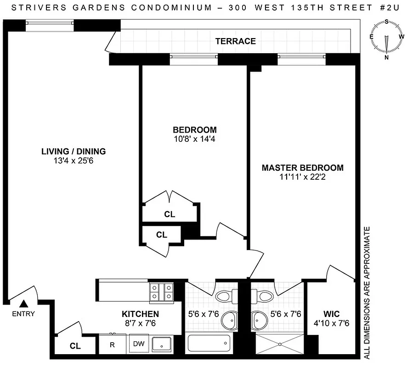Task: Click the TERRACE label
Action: (236, 41)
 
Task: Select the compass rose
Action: (387, 39)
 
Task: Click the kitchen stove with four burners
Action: (161, 292)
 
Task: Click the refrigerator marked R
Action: (112, 345)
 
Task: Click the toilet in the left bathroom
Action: (226, 295)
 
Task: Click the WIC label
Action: (331, 314)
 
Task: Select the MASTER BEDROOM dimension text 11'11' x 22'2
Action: (302, 178)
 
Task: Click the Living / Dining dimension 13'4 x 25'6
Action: (74, 161)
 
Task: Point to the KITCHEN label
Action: (140, 314)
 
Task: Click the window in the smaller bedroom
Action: (193, 57)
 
